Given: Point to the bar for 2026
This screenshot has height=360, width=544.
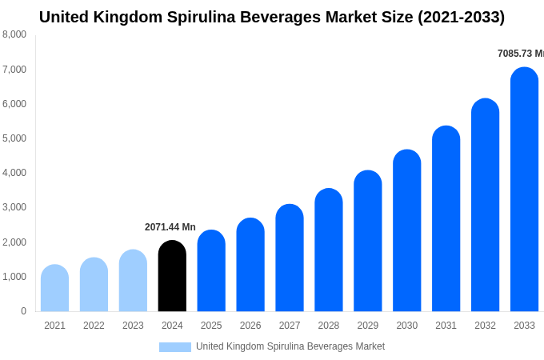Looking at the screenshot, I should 250,265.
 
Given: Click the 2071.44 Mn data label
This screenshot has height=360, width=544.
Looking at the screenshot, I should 170,227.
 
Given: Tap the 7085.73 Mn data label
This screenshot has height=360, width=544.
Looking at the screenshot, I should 521,54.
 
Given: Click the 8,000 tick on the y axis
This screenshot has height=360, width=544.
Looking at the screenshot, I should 14,34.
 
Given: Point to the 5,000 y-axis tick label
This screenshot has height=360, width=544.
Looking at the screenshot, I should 14,138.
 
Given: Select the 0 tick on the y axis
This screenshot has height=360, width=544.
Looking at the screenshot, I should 23,311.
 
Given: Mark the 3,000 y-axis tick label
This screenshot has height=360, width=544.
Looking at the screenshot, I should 14,207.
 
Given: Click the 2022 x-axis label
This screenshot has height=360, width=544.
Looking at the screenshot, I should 94,326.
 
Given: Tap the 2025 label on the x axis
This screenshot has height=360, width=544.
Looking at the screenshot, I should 211,326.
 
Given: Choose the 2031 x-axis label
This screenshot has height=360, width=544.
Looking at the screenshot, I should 446,326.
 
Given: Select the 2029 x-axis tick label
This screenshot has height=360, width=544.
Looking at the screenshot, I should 368,326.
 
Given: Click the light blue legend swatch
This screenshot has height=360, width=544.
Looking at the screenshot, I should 175,347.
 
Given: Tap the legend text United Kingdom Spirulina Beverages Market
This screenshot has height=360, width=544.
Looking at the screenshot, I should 290,346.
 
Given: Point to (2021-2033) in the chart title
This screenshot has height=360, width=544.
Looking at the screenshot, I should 461,17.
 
